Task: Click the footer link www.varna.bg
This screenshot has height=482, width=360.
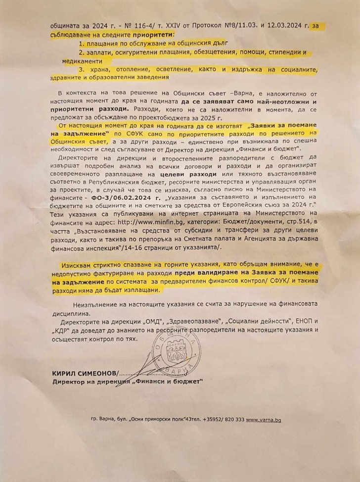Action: coord(264,420)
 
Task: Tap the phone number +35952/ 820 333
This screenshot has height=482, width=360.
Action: coord(220,420)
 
